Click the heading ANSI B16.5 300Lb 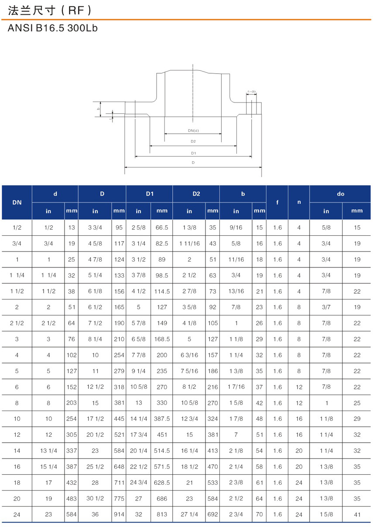click(x=52, y=28)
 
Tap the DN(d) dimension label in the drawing click(x=193, y=130)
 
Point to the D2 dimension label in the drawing click(x=193, y=141)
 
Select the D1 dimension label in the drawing click(x=193, y=153)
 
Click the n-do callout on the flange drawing click(x=251, y=92)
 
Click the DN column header click(x=17, y=202)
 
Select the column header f click(x=277, y=202)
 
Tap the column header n click(x=299, y=202)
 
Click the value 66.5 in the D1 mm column click(x=162, y=228)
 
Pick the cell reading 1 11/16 click(x=189, y=244)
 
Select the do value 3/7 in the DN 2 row click(x=326, y=307)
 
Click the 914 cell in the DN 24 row click(x=119, y=515)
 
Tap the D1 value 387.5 click(x=162, y=419)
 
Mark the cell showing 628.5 click(x=162, y=483)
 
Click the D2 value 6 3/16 click(x=189, y=355)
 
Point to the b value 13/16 click(x=236, y=291)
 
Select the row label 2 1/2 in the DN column click(x=17, y=323)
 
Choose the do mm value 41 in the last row click(x=357, y=515)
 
